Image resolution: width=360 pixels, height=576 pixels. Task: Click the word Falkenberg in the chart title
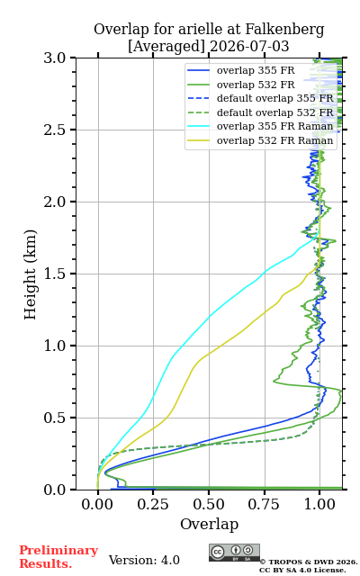tap(284, 30)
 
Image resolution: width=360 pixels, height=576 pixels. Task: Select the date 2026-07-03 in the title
tap(249, 46)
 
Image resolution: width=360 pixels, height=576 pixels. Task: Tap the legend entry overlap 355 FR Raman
tap(260, 126)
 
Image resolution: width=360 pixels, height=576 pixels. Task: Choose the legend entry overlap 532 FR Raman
tap(260, 140)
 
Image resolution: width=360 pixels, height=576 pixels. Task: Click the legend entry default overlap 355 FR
tap(260, 98)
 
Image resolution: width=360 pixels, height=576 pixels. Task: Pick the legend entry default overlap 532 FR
tap(260, 112)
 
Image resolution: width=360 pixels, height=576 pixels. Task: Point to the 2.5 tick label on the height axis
tap(55, 130)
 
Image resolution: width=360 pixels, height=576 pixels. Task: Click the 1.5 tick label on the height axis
tap(55, 274)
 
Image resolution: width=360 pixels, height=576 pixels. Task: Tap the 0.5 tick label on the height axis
tap(55, 418)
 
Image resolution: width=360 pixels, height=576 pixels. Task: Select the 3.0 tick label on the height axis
tap(55, 58)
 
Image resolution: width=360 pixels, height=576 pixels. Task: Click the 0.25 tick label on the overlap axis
tap(153, 504)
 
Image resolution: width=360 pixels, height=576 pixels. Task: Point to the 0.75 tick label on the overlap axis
tap(264, 504)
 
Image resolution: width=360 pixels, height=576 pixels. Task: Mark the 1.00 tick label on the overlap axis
tap(319, 504)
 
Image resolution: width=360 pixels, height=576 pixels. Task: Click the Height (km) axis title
tap(30, 274)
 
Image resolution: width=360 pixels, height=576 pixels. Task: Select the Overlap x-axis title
tap(209, 524)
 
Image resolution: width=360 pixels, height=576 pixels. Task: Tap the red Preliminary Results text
tap(58, 557)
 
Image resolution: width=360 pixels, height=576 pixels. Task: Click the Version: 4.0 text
tap(144, 560)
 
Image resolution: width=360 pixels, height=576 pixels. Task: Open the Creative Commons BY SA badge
tap(234, 553)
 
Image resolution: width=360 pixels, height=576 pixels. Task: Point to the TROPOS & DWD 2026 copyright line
tap(309, 562)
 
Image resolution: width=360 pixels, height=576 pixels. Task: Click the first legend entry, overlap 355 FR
tap(241, 70)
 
